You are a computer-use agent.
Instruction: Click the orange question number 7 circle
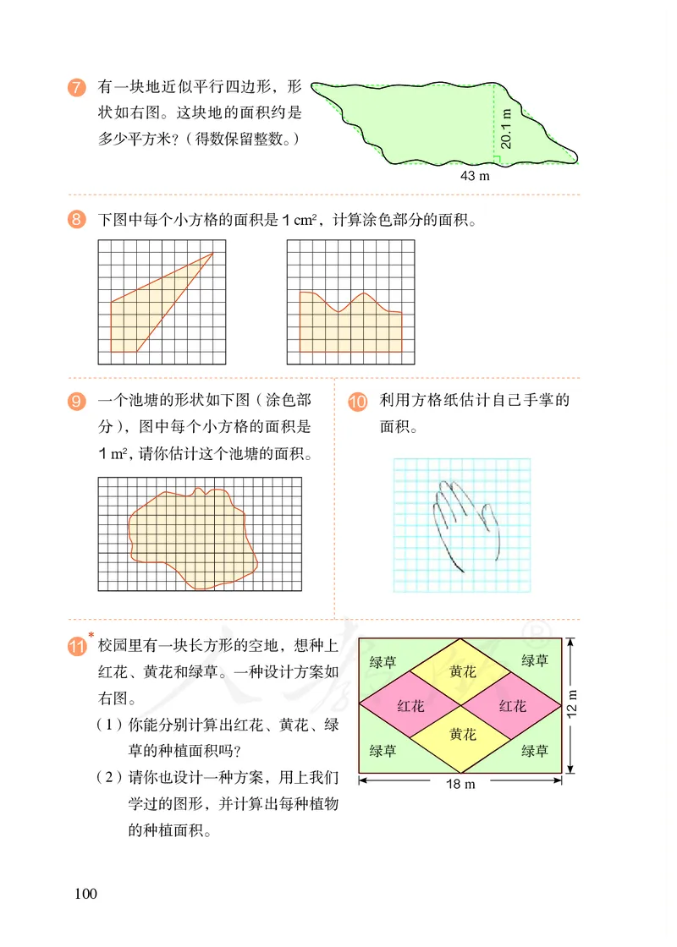coord(76,88)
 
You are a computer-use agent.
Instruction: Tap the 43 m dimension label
coord(475,176)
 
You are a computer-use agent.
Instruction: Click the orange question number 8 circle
coord(76,222)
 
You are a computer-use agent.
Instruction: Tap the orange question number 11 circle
coord(76,649)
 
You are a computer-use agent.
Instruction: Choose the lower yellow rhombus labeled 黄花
coord(462,734)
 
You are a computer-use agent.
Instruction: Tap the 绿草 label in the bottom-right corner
coord(535,750)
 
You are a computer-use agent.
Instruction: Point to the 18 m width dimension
coord(461,784)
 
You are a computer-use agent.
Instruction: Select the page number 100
coord(86,894)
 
